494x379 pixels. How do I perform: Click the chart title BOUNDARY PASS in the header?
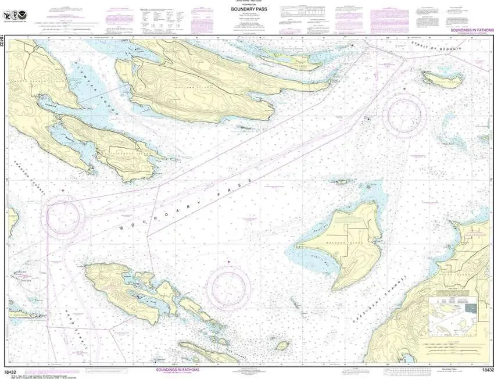tap(241, 9)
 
